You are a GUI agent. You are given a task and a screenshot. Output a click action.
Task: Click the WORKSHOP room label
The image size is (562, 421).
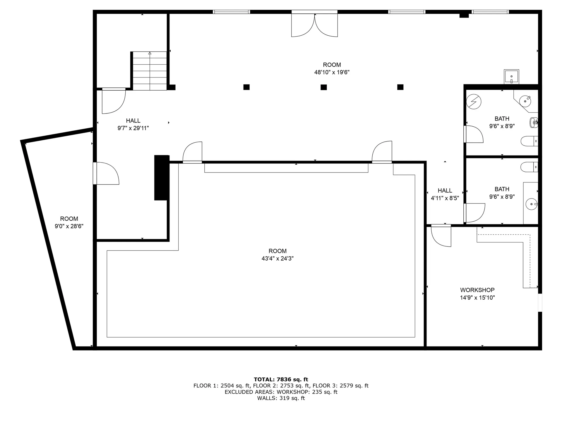pos(477,290)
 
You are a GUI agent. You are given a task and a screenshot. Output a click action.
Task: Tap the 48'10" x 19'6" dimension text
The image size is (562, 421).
pos(332,72)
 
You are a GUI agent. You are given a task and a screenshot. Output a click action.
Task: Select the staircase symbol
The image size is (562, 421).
pos(150,71)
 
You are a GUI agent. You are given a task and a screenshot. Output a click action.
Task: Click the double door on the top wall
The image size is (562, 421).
pos(314,25)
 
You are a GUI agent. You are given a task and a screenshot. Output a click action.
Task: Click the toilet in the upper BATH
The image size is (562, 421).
pos(530,141)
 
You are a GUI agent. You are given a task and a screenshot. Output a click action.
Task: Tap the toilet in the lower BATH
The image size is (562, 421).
pos(530,167)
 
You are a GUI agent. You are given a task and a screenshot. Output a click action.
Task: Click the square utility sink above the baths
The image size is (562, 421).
pos(511,77)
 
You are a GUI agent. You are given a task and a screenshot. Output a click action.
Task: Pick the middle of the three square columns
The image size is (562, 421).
pos(323,87)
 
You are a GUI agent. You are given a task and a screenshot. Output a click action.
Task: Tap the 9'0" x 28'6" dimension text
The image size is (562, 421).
pos(69,226)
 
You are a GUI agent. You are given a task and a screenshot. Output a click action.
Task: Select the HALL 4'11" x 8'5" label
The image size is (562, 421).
pos(445,194)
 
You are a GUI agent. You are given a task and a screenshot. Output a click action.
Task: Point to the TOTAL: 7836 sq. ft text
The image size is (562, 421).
pos(281,379)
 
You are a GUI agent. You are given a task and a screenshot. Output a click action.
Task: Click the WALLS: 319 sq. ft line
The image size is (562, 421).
pos(281,398)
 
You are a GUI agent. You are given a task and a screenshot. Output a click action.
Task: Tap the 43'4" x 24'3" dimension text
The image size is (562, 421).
pos(277,258)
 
